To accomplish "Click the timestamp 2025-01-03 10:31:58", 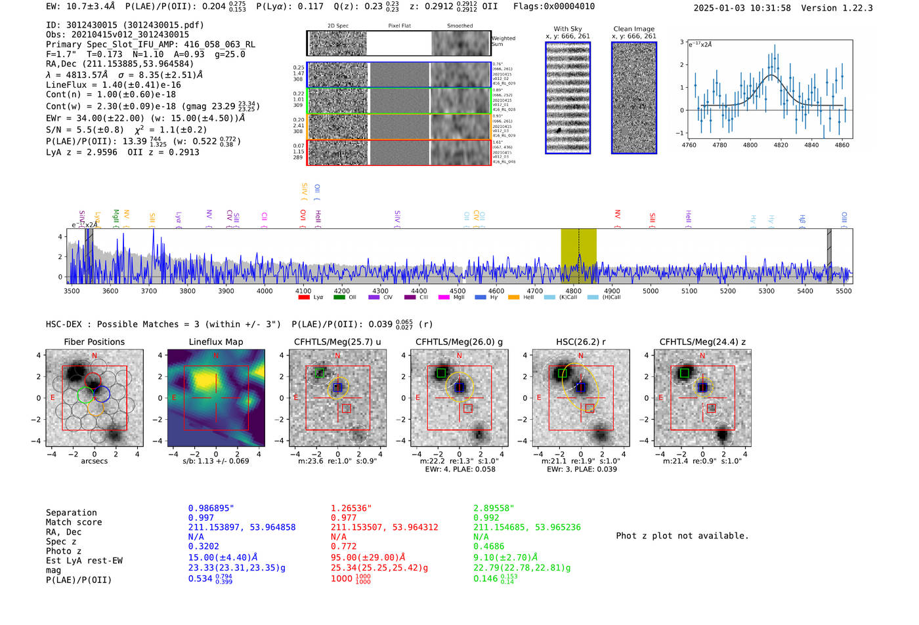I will pyautogui.click(x=742, y=8).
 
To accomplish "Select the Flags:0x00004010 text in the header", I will pyautogui.click(x=554, y=6).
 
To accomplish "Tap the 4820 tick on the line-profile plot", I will pyautogui.click(x=780, y=145).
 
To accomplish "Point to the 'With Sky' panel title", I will pyautogui.click(x=568, y=29).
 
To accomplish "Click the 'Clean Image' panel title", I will pyautogui.click(x=633, y=29).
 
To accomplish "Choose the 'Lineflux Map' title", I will pyautogui.click(x=216, y=342).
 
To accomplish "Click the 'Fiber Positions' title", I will pyautogui.click(x=94, y=342).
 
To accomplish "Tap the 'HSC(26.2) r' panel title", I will pyautogui.click(x=580, y=342).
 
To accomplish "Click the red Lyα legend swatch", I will pyautogui.click(x=304, y=297).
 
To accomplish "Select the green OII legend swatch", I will pyautogui.click(x=339, y=297).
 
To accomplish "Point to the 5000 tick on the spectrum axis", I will pyautogui.click(x=651, y=291).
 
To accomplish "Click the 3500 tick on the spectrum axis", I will pyautogui.click(x=72, y=291).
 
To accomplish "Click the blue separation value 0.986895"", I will pyautogui.click(x=211, y=508).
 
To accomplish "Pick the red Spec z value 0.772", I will pyautogui.click(x=343, y=546).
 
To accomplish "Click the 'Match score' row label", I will pyautogui.click(x=74, y=522).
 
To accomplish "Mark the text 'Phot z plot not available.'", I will pyautogui.click(x=682, y=536).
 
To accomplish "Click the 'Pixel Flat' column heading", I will pyautogui.click(x=399, y=26).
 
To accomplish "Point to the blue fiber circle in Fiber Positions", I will pyautogui.click(x=102, y=394).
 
